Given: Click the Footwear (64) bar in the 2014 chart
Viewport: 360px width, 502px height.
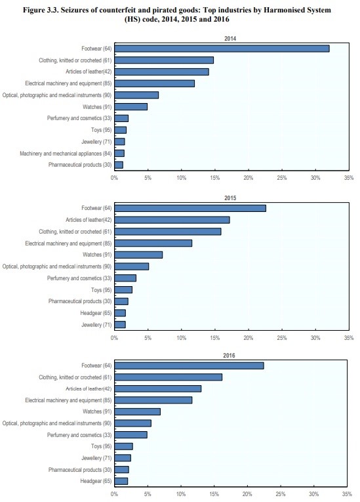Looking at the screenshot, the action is pos(222,49).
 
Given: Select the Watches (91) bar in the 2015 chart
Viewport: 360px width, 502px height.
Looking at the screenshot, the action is pos(138,255).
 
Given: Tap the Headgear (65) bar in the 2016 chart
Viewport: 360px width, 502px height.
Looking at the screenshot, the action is pos(121,481).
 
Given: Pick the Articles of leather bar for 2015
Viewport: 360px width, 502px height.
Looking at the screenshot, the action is pos(172,220).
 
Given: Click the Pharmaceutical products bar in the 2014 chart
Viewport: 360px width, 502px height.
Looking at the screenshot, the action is pos(119,165).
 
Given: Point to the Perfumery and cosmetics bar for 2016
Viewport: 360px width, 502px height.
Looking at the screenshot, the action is pos(130,435).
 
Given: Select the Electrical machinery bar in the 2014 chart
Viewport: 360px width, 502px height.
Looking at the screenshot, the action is pos(154,83).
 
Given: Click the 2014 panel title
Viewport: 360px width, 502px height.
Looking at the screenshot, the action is pos(230,39).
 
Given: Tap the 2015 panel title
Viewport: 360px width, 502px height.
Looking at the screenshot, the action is pos(230,198).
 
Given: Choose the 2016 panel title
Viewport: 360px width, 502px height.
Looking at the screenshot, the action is pos(229,356).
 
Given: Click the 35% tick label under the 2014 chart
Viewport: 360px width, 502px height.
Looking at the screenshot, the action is pos(349,177).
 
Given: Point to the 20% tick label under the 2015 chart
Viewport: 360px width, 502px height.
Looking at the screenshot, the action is pos(249,337).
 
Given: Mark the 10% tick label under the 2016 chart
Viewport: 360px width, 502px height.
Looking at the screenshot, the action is pos(181,494).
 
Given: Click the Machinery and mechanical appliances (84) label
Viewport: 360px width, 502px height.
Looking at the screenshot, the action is pos(66,154).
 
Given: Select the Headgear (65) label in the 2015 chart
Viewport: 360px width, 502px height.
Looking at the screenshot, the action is pos(96,313).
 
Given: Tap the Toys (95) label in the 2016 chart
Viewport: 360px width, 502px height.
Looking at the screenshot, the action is pos(101,446).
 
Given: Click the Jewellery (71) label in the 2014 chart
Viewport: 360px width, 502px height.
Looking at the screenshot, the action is pos(96,142).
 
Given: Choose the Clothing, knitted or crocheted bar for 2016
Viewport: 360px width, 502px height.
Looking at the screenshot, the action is pos(169,377).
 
